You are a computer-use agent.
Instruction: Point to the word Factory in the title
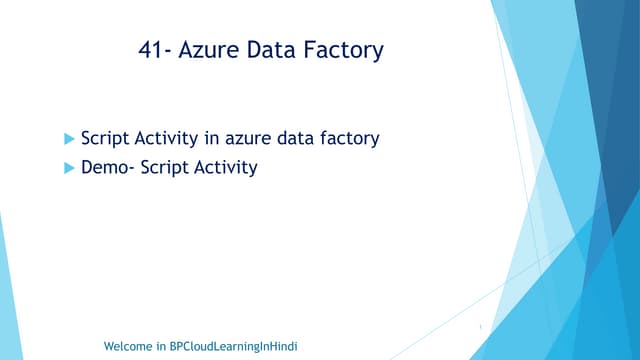click(x=345, y=50)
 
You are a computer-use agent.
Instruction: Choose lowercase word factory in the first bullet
click(x=349, y=139)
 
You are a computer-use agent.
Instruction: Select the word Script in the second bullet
click(x=162, y=167)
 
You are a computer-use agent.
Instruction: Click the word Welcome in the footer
click(x=129, y=346)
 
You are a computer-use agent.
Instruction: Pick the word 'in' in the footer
click(x=161, y=346)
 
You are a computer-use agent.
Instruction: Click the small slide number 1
click(x=480, y=326)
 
